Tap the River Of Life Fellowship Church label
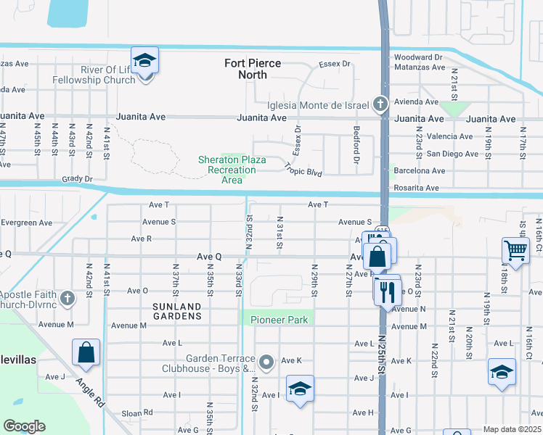(x=98, y=75)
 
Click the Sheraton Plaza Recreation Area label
(x=222, y=170)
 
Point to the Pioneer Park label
(x=279, y=320)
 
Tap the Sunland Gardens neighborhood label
(x=177, y=311)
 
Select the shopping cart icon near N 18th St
(x=515, y=252)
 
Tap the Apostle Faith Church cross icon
(x=67, y=298)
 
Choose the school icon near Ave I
(x=299, y=390)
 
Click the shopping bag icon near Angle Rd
(x=86, y=353)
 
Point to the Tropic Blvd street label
(x=303, y=169)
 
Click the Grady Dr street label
(x=78, y=178)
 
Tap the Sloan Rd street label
(x=138, y=412)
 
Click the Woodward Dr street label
(x=417, y=57)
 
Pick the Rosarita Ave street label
(x=416, y=188)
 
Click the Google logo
(x=24, y=426)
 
